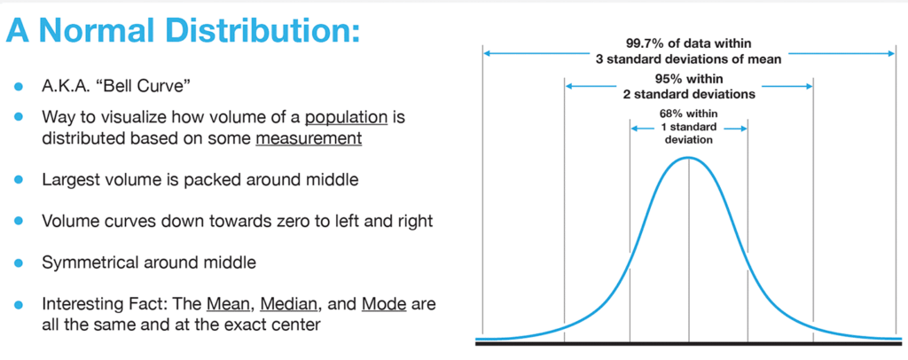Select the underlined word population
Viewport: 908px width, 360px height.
point(347,118)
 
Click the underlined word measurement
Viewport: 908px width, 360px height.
point(309,139)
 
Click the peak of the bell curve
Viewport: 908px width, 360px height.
point(688,157)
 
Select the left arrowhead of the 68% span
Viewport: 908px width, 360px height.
point(632,129)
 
